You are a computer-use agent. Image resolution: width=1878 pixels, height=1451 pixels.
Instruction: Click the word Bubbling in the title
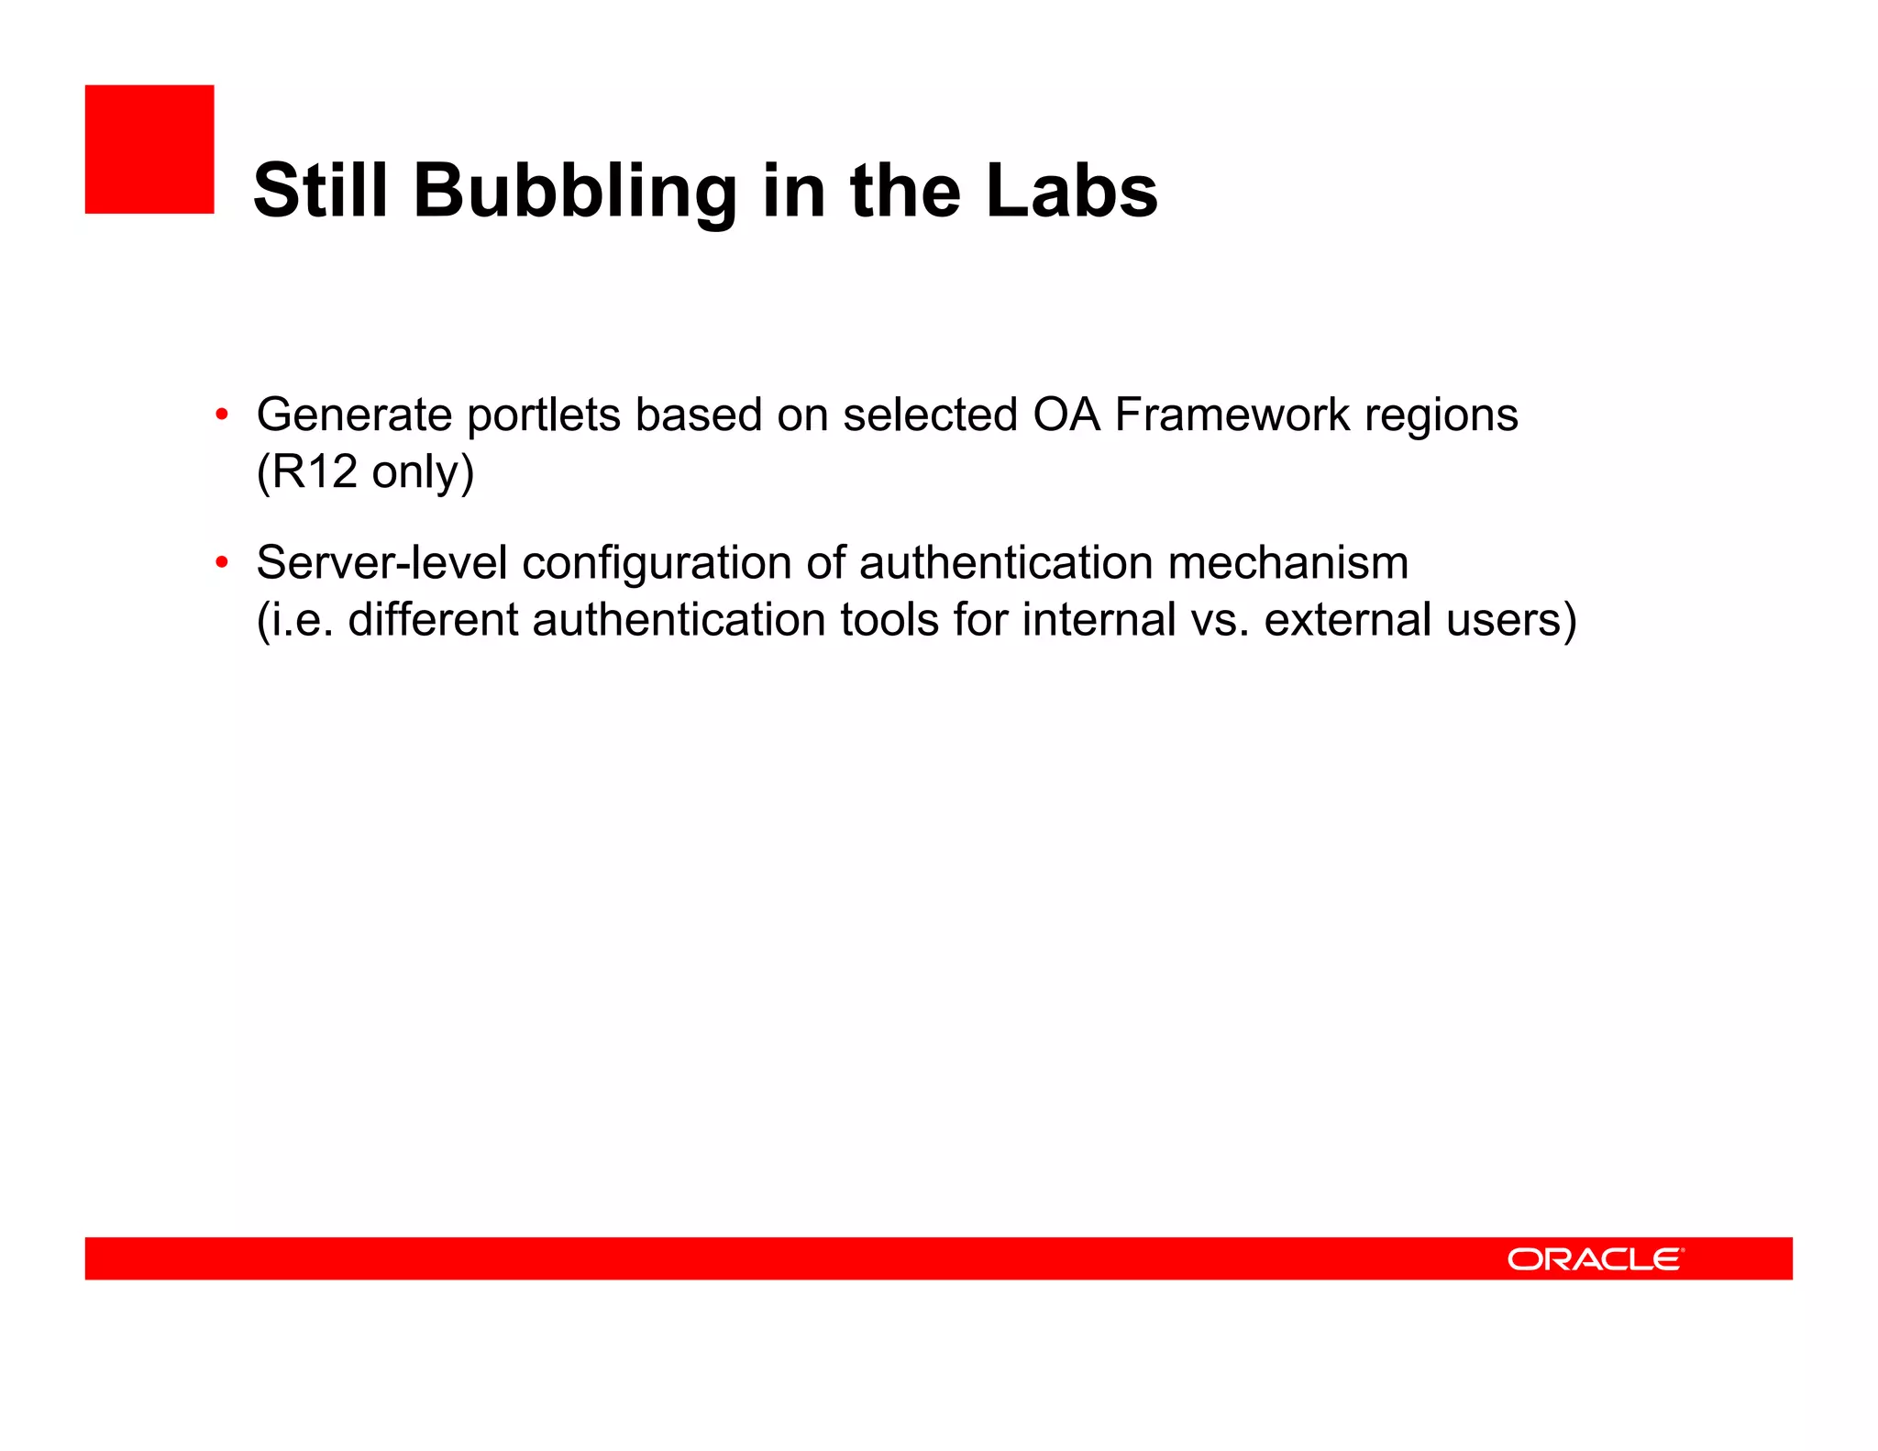click(x=575, y=192)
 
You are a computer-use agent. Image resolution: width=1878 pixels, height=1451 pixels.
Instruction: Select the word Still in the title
click(x=320, y=190)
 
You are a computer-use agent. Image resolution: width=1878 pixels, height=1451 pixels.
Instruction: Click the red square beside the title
click(x=149, y=150)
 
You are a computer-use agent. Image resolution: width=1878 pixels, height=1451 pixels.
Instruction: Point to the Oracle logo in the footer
click(x=1595, y=1258)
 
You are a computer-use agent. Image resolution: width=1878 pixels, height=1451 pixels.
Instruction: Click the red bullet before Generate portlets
click(x=221, y=415)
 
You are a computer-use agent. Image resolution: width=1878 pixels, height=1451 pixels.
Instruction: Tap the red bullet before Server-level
click(x=221, y=561)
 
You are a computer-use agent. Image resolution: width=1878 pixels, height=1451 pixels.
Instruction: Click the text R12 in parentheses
click(x=315, y=471)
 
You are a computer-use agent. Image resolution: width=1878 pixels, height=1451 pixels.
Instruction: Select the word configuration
click(x=657, y=564)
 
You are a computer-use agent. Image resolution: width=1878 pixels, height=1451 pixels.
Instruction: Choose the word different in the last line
click(x=433, y=619)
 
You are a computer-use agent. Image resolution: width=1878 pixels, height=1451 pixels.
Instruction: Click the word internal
click(x=1099, y=619)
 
